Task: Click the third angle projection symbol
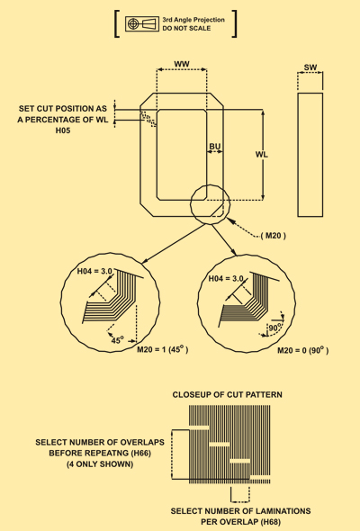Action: click(142, 23)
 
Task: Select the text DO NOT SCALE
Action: click(186, 29)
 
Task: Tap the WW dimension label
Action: click(182, 64)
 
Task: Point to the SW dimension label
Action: click(310, 67)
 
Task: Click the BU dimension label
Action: click(215, 147)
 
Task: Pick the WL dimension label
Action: click(261, 155)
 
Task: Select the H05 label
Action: click(63, 130)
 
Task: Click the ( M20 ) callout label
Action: click(274, 236)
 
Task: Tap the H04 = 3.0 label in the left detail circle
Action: click(94, 271)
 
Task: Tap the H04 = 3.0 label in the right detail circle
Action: click(226, 279)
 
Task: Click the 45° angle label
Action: click(118, 339)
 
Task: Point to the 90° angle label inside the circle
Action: click(275, 328)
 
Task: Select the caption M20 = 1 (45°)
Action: click(163, 349)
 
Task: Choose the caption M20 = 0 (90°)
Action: click(302, 350)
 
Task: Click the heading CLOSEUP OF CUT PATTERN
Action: click(227, 394)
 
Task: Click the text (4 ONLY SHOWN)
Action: click(100, 463)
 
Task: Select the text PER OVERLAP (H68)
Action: click(240, 522)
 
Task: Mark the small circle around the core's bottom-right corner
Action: click(190, 204)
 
